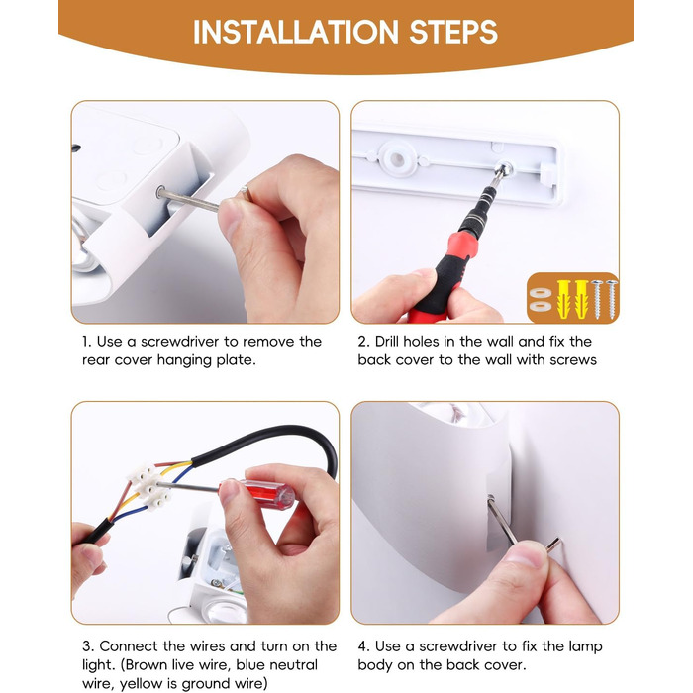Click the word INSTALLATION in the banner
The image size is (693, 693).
click(x=296, y=32)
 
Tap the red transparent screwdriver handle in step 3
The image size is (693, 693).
click(x=269, y=494)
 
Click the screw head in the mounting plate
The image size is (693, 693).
click(x=504, y=169)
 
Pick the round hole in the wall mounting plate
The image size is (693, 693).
click(x=396, y=159)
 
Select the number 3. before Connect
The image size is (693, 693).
click(x=88, y=646)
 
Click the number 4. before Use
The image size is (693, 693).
click(x=364, y=646)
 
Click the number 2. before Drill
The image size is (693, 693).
click(x=364, y=342)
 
